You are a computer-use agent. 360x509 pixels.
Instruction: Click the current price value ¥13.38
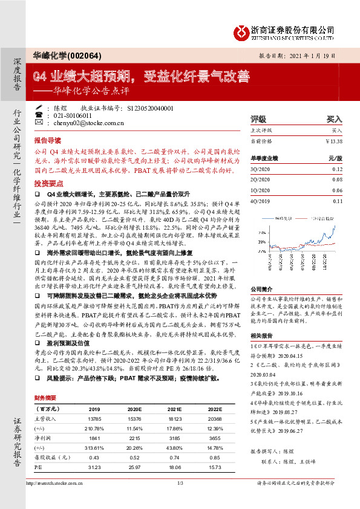click(x=333, y=141)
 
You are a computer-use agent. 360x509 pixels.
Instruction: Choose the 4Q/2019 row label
click(x=260, y=201)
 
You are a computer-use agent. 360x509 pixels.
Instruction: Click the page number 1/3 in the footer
click(x=180, y=484)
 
